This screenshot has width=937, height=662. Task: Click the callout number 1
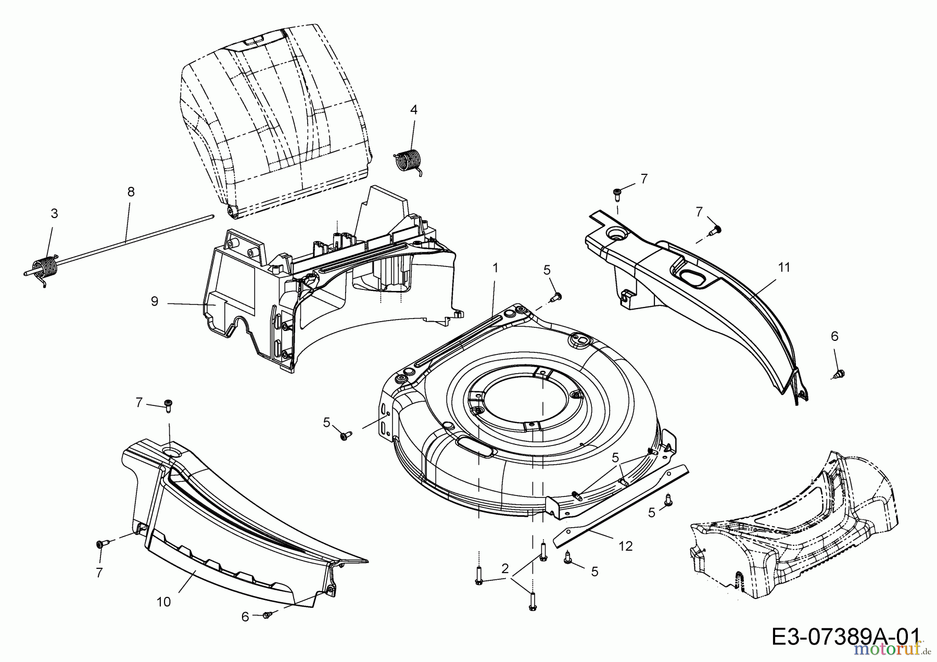click(x=495, y=268)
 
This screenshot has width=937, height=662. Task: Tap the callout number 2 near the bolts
click(x=504, y=568)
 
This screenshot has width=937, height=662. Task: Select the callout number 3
click(x=54, y=213)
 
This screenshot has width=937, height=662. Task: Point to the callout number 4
click(x=413, y=109)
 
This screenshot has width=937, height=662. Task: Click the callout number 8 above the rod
click(x=131, y=192)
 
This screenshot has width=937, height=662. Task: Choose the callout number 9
click(x=154, y=301)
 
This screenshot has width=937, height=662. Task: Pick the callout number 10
click(x=163, y=602)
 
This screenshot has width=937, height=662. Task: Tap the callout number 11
click(x=784, y=268)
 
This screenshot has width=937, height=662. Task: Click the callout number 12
click(x=626, y=546)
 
